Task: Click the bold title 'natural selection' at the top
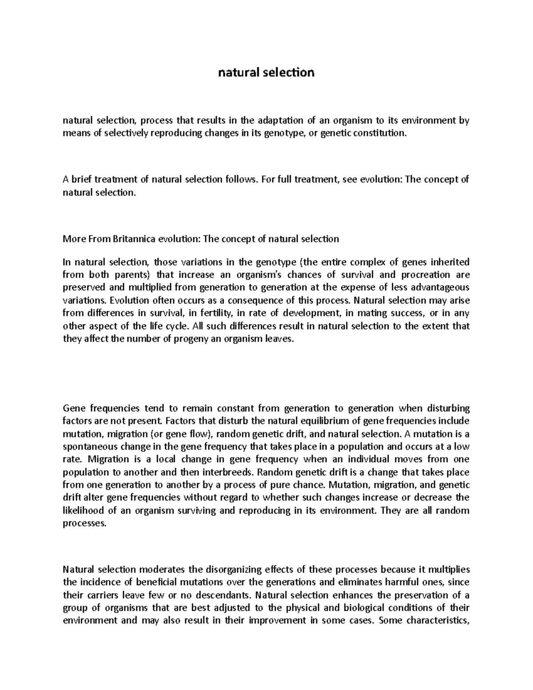[x=266, y=72]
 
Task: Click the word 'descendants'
[x=218, y=594]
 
